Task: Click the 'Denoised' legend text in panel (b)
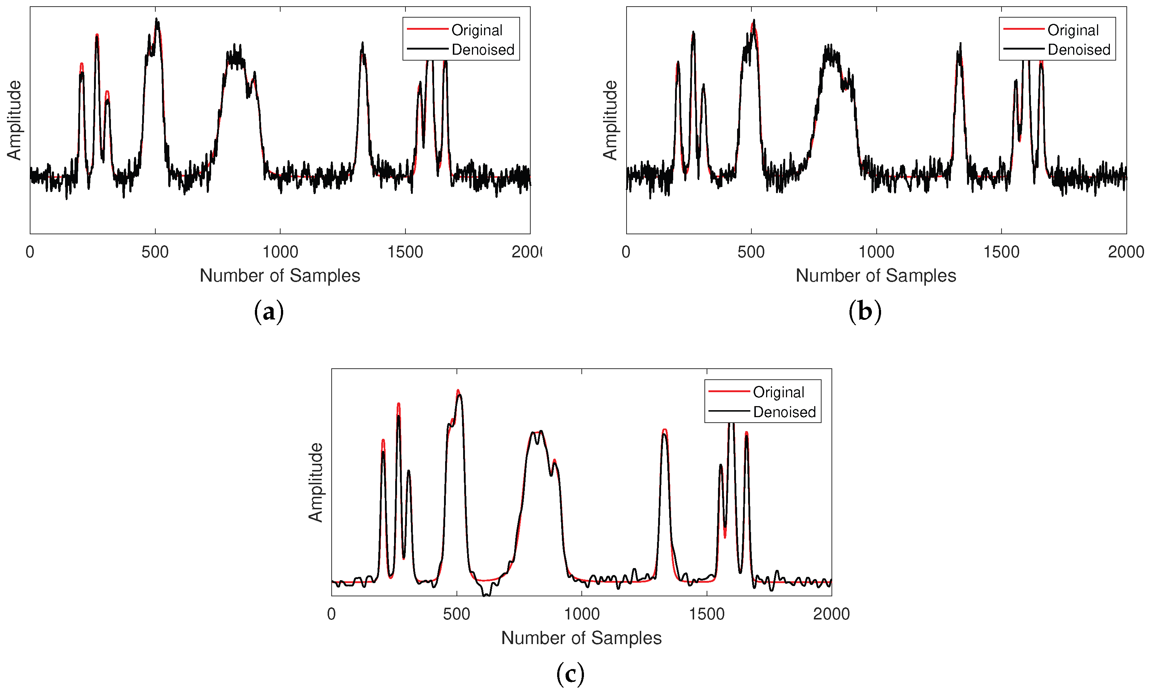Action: [1079, 50]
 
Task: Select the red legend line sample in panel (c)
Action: [729, 391]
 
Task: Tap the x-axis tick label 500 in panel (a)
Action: [155, 252]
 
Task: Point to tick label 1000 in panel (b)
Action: [876, 252]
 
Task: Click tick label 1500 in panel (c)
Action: [706, 614]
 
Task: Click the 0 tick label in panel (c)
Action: [331, 614]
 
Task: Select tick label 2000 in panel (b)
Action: [1126, 252]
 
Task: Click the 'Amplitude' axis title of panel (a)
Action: [14, 120]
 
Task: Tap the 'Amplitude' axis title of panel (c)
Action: [316, 482]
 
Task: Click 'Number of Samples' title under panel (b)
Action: [876, 275]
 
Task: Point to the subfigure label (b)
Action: [865, 311]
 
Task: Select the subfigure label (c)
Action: [570, 674]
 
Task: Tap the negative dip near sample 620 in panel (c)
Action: [486, 594]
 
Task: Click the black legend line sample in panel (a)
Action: [427, 48]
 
